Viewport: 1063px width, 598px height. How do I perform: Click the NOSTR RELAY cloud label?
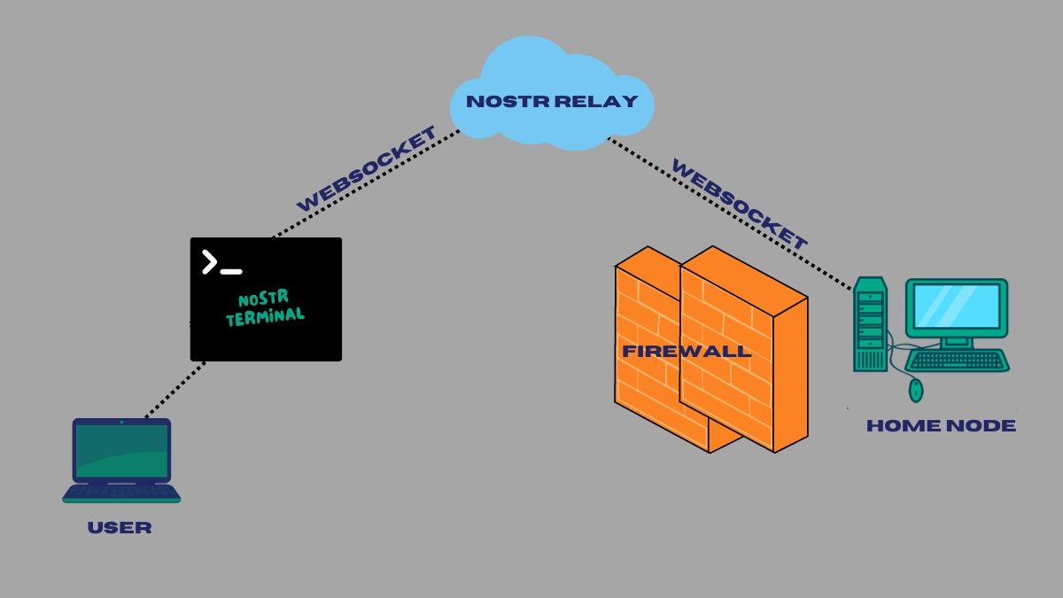[x=552, y=101]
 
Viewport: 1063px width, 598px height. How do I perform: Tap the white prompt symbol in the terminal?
[x=222, y=262]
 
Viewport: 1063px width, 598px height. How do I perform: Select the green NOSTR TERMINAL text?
[x=265, y=307]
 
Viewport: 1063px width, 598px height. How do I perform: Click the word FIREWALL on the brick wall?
[x=687, y=351]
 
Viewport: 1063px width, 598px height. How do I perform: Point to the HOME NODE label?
[x=941, y=426]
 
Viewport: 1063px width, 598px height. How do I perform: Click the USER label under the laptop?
[x=120, y=528]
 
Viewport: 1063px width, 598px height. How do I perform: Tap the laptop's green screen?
[x=122, y=451]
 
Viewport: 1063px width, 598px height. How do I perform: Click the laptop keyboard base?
[x=121, y=493]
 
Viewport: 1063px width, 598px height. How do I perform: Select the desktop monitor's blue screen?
[x=957, y=307]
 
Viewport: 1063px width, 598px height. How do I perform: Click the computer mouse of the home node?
[x=916, y=390]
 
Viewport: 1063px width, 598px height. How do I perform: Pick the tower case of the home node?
[x=870, y=324]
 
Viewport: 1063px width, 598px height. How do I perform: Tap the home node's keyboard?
[x=958, y=361]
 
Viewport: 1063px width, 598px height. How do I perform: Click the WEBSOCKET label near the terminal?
[x=367, y=169]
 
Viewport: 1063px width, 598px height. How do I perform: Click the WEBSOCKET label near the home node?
[x=740, y=204]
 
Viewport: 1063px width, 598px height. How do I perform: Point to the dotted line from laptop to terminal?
[x=175, y=390]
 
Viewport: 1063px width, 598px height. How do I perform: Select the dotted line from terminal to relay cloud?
[x=366, y=183]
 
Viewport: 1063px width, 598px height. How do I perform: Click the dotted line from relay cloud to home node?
[x=730, y=214]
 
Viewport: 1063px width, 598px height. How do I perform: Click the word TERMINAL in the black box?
[x=265, y=317]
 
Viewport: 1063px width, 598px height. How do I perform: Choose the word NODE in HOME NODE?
[x=981, y=426]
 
